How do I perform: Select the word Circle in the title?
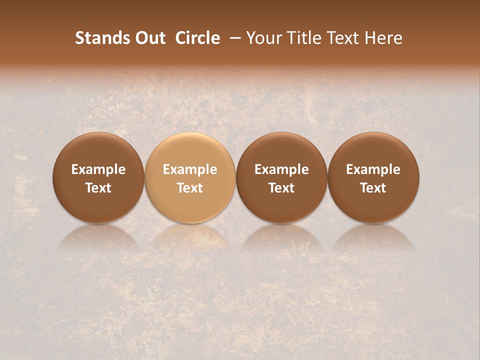pos(197,38)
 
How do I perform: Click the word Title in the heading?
pos(305,38)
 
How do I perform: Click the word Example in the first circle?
pos(98,169)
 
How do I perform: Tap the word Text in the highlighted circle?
pos(190,188)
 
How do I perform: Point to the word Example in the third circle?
pos(281,169)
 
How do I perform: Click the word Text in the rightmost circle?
pos(373,188)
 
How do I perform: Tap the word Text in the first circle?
pos(98,188)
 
